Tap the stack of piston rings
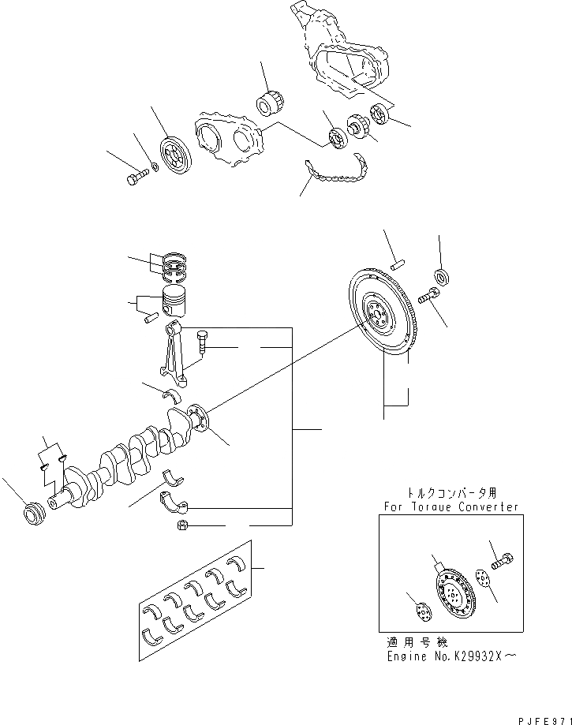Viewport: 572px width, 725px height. pyautogui.click(x=178, y=265)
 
